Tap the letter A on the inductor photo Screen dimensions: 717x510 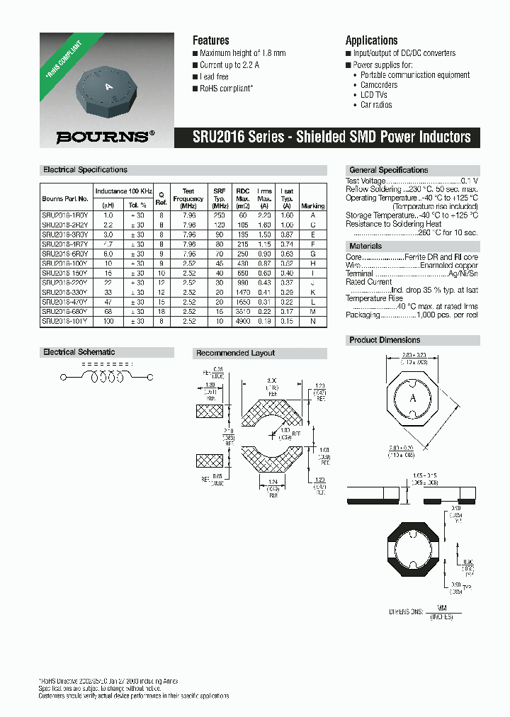pyautogui.click(x=108, y=86)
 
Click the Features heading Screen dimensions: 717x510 pyautogui.click(x=210, y=40)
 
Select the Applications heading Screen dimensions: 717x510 pyautogui.click(x=371, y=40)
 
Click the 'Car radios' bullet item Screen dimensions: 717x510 pyautogui.click(x=376, y=105)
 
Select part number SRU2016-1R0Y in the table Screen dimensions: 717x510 pyautogui.click(x=65, y=215)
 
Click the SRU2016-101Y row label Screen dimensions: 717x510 pyautogui.click(x=65, y=321)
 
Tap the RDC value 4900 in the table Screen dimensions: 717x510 pyautogui.click(x=243, y=321)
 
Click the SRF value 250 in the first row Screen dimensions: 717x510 pyautogui.click(x=219, y=215)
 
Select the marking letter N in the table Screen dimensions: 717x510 pyautogui.click(x=312, y=321)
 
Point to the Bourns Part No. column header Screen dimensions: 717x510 pyautogui.click(x=65, y=199)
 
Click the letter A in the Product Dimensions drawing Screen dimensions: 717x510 pyautogui.click(x=413, y=398)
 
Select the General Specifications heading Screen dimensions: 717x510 pyautogui.click(x=388, y=170)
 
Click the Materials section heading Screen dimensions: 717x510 pyautogui.click(x=365, y=246)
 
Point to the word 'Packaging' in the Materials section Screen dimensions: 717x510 pyautogui.click(x=363, y=316)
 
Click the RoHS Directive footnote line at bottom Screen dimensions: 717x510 pyautogui.click(x=108, y=681)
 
